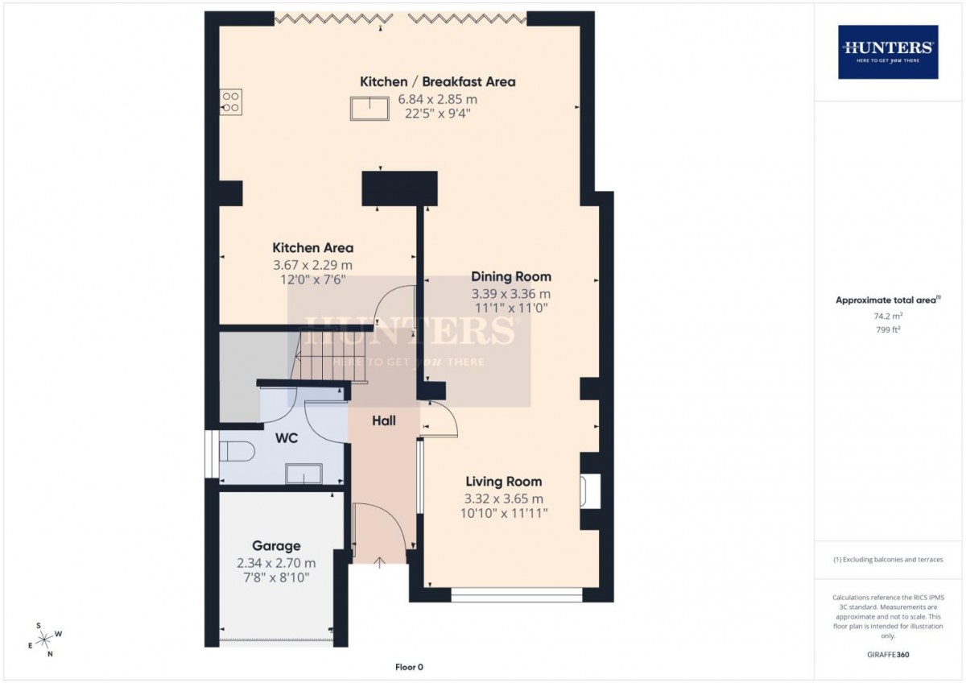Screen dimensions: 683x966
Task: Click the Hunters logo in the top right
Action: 888,52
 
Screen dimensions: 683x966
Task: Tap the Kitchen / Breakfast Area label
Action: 437,81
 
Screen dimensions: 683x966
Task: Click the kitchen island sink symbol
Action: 369,108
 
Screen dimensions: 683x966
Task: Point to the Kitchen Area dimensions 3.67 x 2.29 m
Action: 312,264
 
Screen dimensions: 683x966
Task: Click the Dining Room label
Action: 511,276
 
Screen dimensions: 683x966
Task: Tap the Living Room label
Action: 503,482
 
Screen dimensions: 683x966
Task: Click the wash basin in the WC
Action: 304,475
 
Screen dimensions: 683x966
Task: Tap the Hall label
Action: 384,420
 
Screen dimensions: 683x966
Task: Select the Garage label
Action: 276,546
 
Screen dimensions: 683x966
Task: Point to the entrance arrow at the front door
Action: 379,561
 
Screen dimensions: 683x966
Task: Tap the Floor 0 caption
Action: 409,667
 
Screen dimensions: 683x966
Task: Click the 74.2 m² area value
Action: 888,317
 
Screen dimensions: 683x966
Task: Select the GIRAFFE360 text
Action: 888,655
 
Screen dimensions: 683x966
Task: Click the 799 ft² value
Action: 888,329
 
